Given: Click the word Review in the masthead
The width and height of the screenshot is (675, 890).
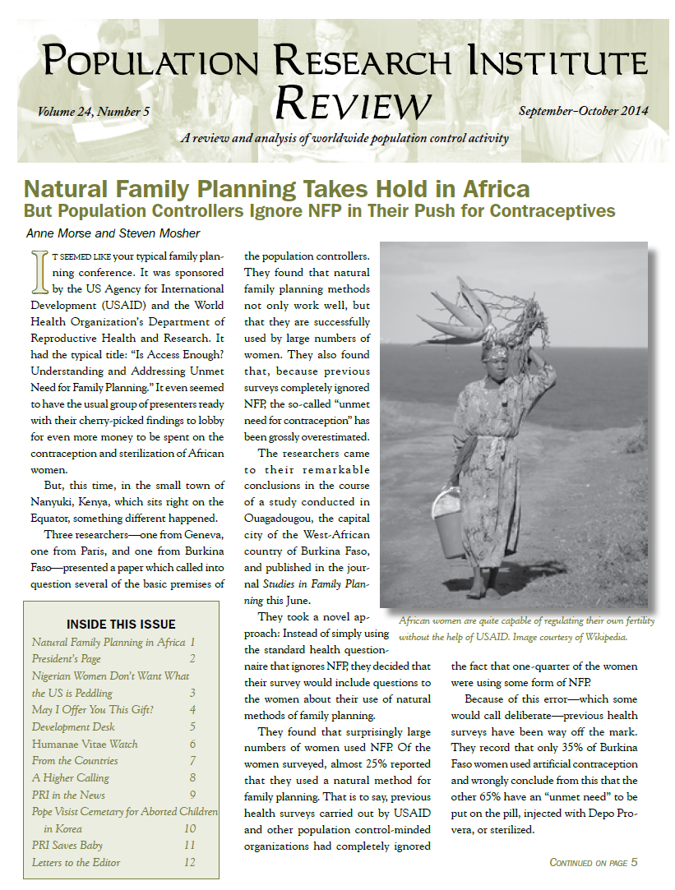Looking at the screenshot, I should coord(353,104).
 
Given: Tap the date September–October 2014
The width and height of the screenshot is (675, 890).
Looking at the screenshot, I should coord(584,111).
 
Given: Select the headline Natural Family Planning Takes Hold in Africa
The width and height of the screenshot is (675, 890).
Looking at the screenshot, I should coord(276,190).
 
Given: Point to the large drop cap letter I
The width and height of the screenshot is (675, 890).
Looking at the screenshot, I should coord(34,271).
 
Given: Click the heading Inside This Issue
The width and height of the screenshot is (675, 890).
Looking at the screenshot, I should coord(121,624).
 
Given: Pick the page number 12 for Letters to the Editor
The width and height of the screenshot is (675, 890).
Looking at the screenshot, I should coord(190,862).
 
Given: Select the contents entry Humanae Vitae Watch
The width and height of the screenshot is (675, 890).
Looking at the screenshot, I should coord(85,744).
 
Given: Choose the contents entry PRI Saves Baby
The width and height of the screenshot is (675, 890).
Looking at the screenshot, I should coord(67,845).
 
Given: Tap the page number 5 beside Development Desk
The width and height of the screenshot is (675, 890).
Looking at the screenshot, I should coord(192,726).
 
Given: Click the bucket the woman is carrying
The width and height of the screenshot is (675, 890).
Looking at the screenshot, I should coord(450,521).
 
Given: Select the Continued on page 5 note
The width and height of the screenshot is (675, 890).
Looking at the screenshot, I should coord(593,862).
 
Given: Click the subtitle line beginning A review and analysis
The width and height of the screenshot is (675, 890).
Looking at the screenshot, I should coord(344,138).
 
